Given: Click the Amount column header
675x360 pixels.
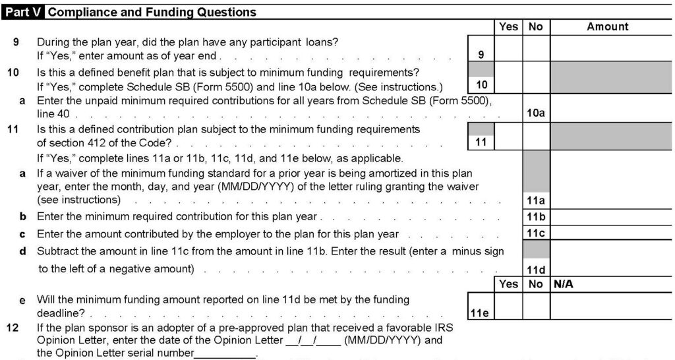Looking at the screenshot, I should pyautogui.click(x=607, y=27).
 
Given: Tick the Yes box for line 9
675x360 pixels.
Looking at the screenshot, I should pyautogui.click(x=508, y=48).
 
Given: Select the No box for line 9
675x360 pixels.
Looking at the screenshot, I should pyautogui.click(x=536, y=48).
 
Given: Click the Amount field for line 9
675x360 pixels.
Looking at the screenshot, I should pyautogui.click(x=611, y=48).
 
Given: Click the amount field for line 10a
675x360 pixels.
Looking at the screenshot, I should pyautogui.click(x=611, y=107).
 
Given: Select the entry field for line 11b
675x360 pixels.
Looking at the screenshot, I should pyautogui.click(x=611, y=217).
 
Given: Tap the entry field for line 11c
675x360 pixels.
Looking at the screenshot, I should pyautogui.click(x=611, y=233).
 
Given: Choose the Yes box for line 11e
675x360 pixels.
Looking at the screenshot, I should pyautogui.click(x=508, y=305).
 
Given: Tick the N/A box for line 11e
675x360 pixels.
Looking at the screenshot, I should pyautogui.click(x=611, y=305).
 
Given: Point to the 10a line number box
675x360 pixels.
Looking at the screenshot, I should pyautogui.click(x=536, y=113).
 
